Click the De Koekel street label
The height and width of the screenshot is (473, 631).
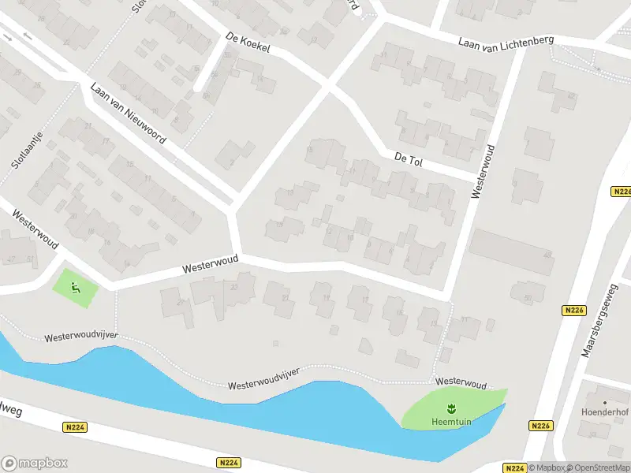(x=248, y=43)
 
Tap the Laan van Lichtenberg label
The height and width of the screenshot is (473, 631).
(x=506, y=40)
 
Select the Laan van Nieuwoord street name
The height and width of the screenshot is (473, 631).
(x=128, y=113)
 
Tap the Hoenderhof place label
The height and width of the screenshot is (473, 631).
(x=604, y=412)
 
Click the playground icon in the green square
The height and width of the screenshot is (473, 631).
(x=76, y=287)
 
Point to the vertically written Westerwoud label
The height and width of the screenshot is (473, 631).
(x=483, y=171)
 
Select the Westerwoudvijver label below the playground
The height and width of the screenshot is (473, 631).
(x=81, y=337)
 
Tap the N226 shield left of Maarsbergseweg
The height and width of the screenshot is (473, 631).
(x=573, y=311)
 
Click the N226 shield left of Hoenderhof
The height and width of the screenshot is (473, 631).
(x=540, y=426)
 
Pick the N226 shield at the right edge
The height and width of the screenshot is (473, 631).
(x=622, y=192)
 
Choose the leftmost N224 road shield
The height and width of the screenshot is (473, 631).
(x=75, y=426)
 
